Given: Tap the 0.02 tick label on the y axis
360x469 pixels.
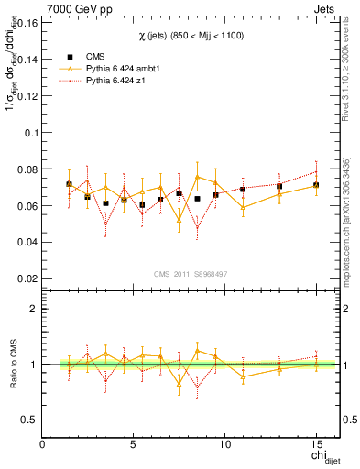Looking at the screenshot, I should (28, 278).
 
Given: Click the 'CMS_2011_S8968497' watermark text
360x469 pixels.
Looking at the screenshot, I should (190, 274).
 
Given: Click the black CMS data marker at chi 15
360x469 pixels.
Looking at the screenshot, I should (316, 185).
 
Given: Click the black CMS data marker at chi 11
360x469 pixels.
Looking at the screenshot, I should (243, 190).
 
